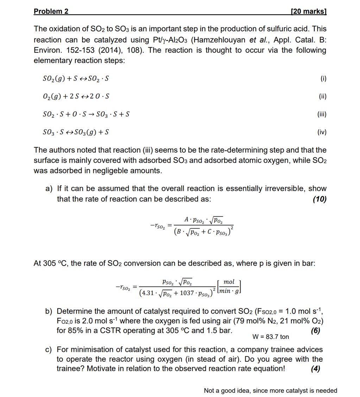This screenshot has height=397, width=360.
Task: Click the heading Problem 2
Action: click(51, 11)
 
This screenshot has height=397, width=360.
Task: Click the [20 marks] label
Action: click(309, 11)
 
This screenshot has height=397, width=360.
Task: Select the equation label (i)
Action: click(323, 78)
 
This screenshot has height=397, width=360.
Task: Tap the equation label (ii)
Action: click(322, 96)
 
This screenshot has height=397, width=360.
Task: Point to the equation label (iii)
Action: click(322, 114)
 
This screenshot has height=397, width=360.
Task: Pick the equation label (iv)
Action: click(322, 132)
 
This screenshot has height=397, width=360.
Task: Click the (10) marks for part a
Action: click(319, 199)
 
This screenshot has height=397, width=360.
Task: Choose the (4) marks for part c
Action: click(316, 369)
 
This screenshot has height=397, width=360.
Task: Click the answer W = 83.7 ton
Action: click(271, 337)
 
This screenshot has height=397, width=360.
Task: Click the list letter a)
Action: click(49, 189)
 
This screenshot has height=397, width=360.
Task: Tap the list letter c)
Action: click(49, 349)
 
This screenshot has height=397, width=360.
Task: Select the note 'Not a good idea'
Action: click(226, 390)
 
